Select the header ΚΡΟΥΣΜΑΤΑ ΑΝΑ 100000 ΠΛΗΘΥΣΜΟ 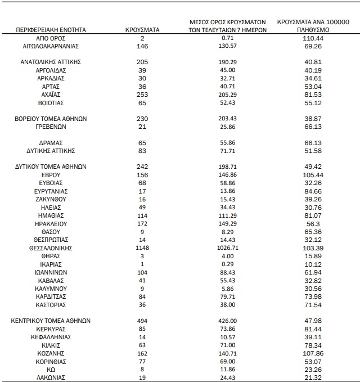(x=314, y=25)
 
